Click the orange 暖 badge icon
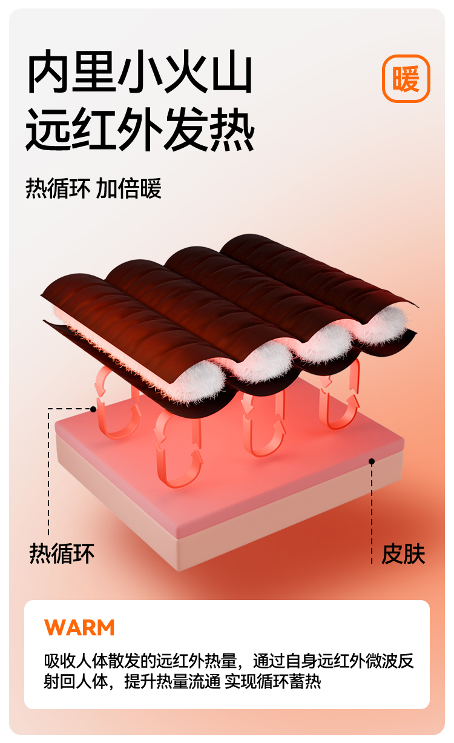coord(406,79)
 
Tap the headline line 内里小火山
coord(139,73)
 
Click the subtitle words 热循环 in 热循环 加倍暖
coord(58,188)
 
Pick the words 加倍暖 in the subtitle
coord(129,188)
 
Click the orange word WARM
coord(79,627)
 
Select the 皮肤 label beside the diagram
coord(403,554)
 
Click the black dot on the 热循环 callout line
coord(93,409)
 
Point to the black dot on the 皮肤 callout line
coord(372,461)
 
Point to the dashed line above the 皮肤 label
coord(372,509)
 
